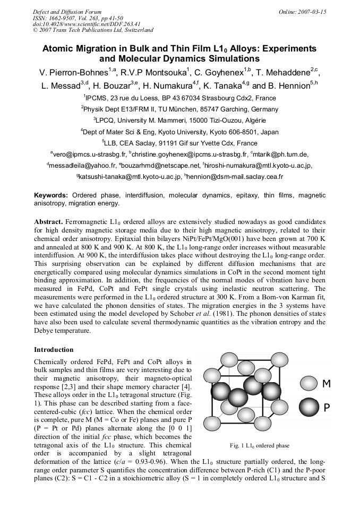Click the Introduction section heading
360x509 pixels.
(54, 350)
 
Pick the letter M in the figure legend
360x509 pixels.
(327, 384)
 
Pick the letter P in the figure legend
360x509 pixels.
(327, 408)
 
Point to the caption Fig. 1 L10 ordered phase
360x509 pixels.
(260, 445)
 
